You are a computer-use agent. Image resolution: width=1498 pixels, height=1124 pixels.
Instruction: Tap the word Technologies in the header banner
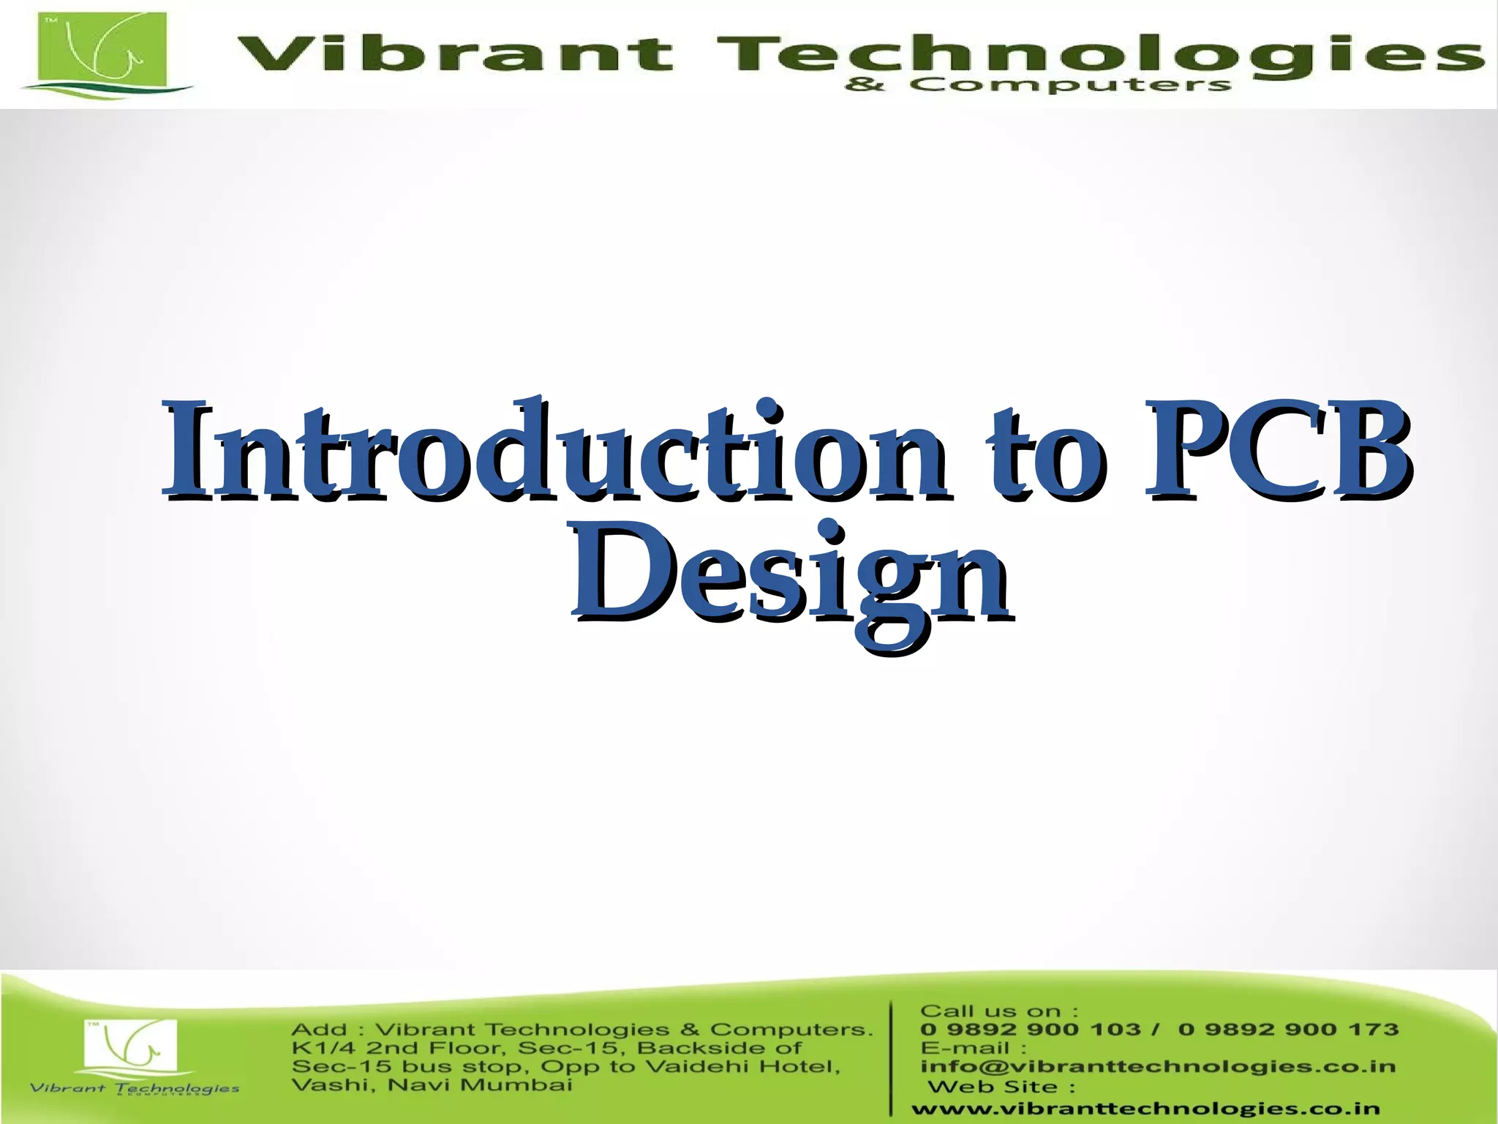click(1097, 56)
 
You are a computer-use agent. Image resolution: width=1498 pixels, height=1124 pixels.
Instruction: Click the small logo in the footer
click(130, 1047)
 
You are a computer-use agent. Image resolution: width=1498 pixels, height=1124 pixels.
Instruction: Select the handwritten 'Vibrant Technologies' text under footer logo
click(134, 1089)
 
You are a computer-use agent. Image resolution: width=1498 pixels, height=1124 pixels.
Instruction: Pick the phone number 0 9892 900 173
click(1288, 1030)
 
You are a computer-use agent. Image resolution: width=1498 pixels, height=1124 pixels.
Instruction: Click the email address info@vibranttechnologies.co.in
click(1158, 1067)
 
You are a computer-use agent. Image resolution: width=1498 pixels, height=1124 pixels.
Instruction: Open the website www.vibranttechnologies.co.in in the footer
click(1145, 1109)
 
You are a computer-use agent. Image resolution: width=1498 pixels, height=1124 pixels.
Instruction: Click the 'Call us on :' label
click(998, 1011)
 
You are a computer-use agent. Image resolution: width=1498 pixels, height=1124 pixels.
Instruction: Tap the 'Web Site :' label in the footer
click(1001, 1087)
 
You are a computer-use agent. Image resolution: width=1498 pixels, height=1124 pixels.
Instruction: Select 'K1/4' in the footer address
click(323, 1048)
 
